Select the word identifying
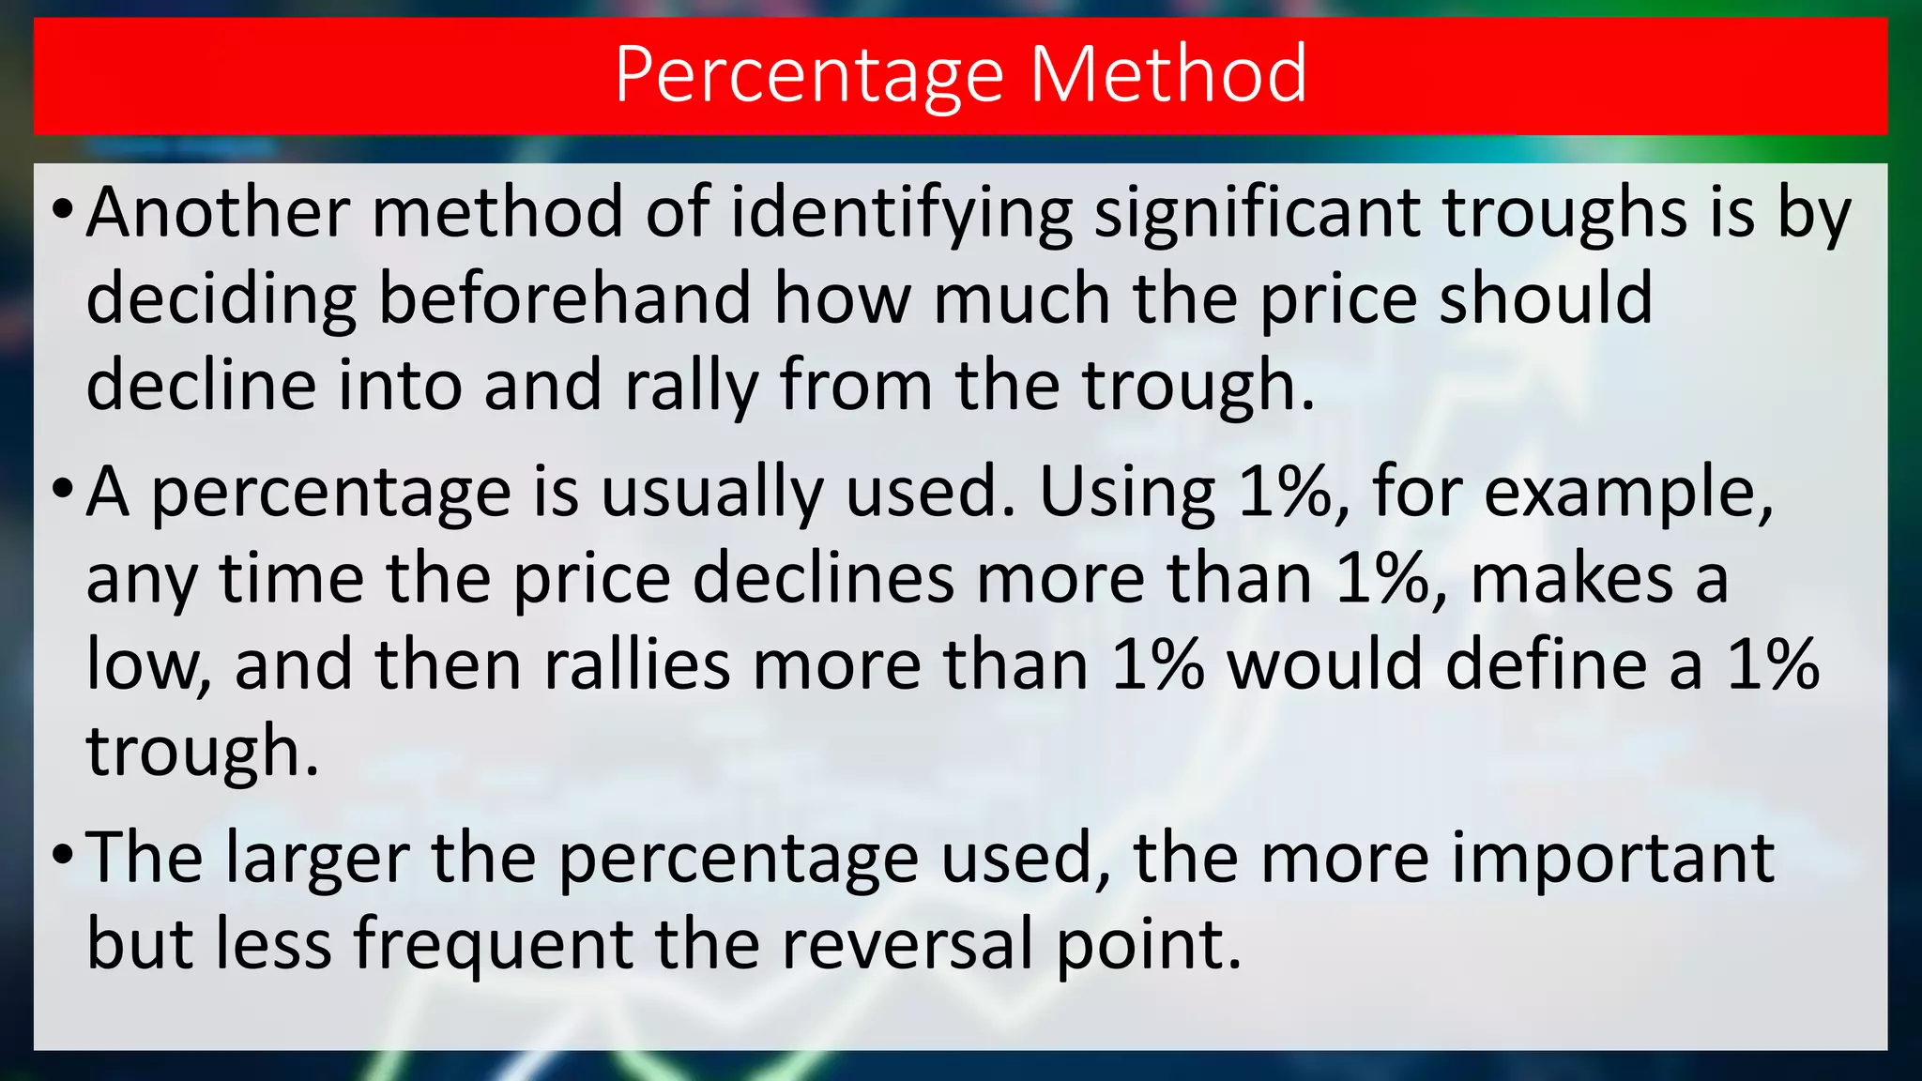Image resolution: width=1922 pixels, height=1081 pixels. [x=901, y=214]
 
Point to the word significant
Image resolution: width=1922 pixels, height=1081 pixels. [x=1256, y=214]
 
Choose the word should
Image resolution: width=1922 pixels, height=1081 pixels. [x=1546, y=298]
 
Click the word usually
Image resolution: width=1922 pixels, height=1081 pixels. [x=712, y=494]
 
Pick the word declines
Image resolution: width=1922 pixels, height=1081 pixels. [x=823, y=578]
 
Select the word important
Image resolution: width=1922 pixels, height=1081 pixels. [x=1610, y=858]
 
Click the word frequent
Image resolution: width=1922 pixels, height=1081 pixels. [x=494, y=944]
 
